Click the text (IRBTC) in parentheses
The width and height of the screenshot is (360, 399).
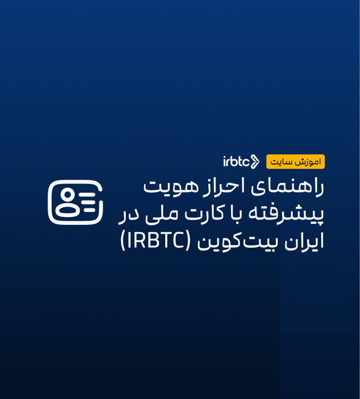[x=157, y=241]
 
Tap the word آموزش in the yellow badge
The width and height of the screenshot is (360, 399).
[x=310, y=162]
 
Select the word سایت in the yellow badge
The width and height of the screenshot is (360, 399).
[x=282, y=162]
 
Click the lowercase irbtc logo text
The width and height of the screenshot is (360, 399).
[x=236, y=162]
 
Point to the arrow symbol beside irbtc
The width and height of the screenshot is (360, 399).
[x=254, y=162]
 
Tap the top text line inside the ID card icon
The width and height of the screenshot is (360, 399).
[x=89, y=194]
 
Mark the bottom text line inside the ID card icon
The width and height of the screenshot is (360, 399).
[x=90, y=210]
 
